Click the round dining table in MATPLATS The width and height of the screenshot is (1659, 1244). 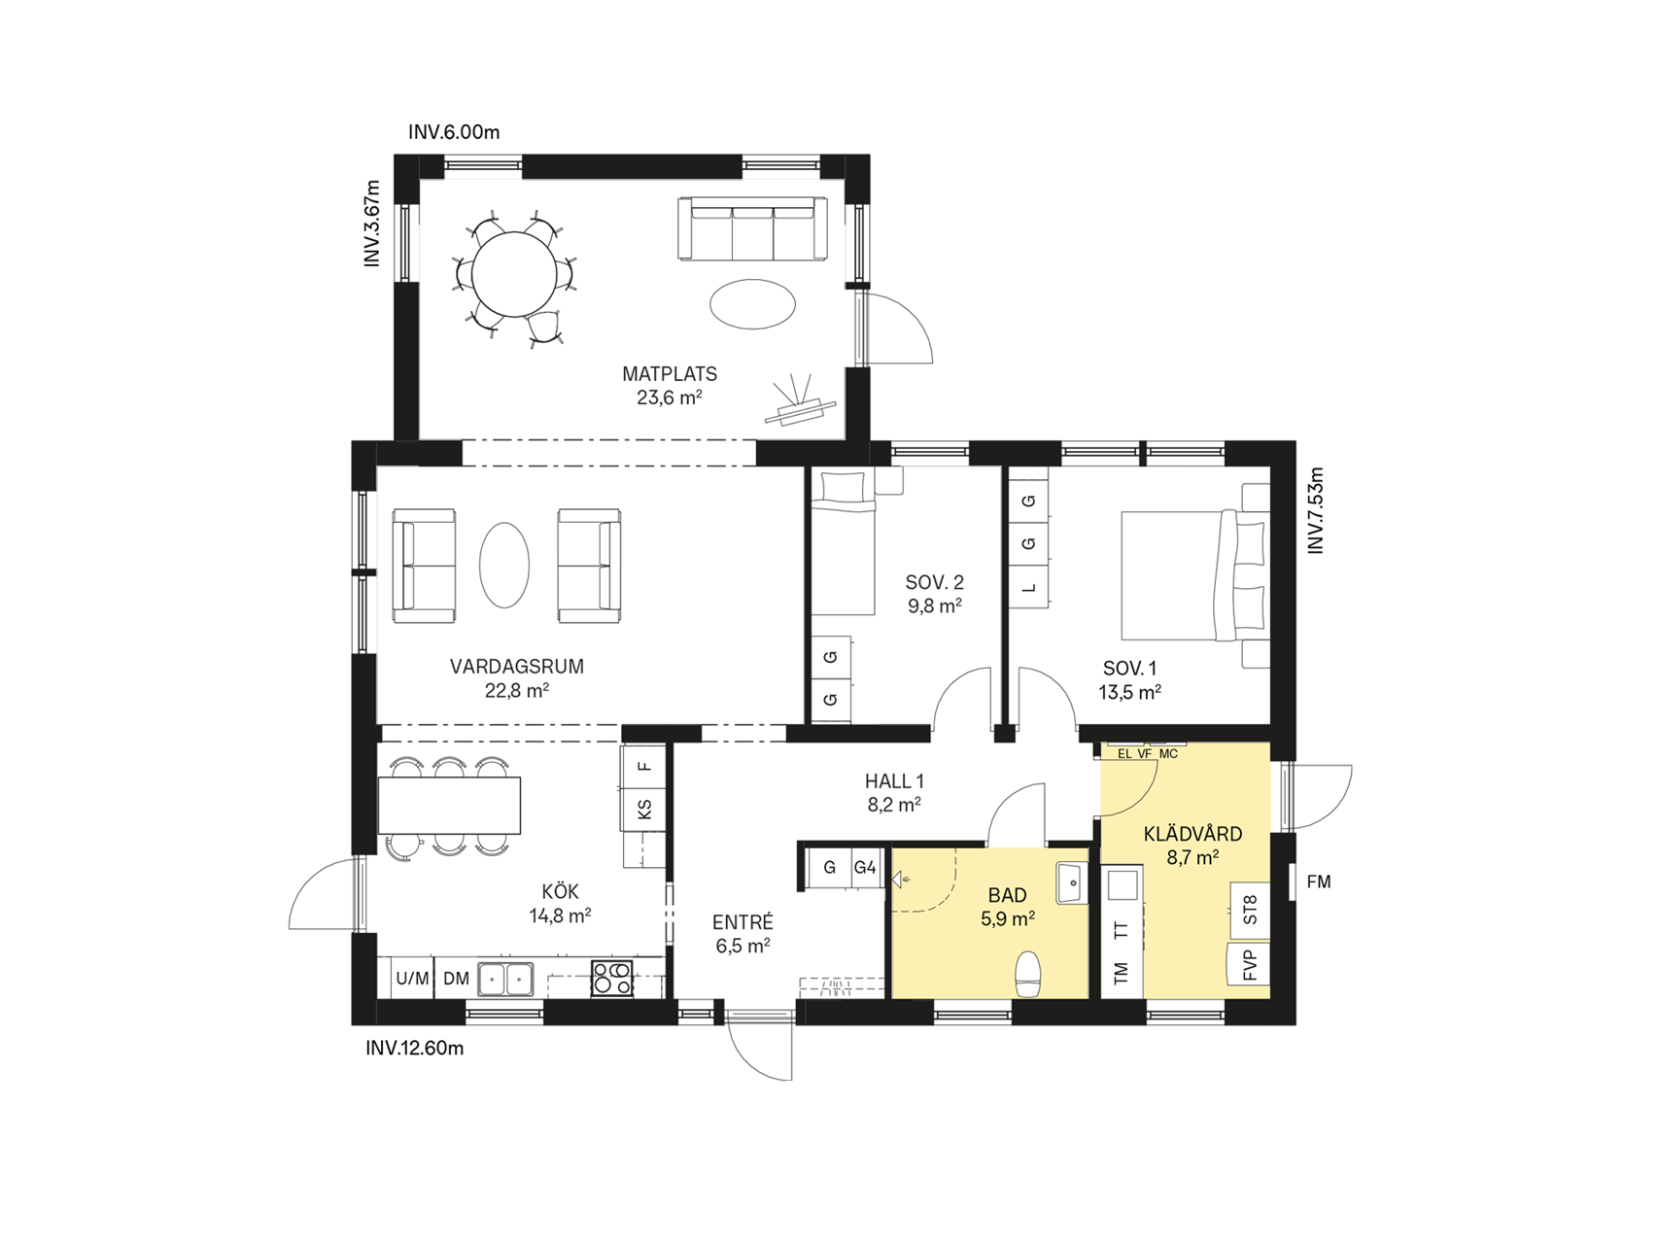pyautogui.click(x=514, y=275)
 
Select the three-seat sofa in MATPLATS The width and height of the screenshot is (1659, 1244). pyautogui.click(x=752, y=228)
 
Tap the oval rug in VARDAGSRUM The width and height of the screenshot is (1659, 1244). pyautogui.click(x=504, y=565)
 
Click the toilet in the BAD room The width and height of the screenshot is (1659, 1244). pyautogui.click(x=1027, y=974)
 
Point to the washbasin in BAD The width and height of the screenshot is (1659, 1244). pyautogui.click(x=1073, y=881)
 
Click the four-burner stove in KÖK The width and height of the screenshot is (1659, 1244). pyautogui.click(x=612, y=978)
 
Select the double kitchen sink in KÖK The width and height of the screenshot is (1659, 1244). pyautogui.click(x=505, y=979)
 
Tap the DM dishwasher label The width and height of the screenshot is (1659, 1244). pyautogui.click(x=456, y=979)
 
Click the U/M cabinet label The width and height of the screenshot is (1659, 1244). pyautogui.click(x=413, y=979)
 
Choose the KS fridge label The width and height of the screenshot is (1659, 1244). pyautogui.click(x=644, y=809)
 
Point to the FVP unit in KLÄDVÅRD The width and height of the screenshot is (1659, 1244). pyautogui.click(x=1250, y=964)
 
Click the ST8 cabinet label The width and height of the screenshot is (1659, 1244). pyautogui.click(x=1250, y=910)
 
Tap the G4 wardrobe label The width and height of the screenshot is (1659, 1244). pyautogui.click(x=865, y=868)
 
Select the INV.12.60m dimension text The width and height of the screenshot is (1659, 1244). pyautogui.click(x=415, y=1049)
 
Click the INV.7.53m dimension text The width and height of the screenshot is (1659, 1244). pyautogui.click(x=1316, y=511)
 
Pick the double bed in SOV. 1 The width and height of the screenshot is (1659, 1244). pyautogui.click(x=1195, y=575)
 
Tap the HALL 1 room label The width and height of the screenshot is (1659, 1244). pyautogui.click(x=894, y=781)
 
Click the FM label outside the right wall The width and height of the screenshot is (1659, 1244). pyautogui.click(x=1319, y=882)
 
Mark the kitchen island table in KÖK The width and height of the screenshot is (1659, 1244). pyautogui.click(x=449, y=805)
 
